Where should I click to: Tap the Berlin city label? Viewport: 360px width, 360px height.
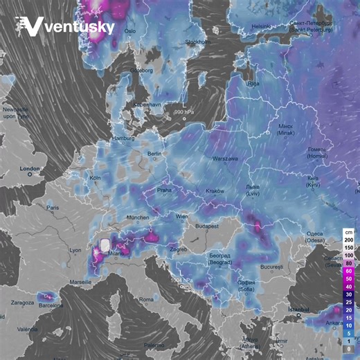(x=154, y=154)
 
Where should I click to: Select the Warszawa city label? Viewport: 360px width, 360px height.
(x=225, y=159)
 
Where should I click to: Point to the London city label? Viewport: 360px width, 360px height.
(x=30, y=169)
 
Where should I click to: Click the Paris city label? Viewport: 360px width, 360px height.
(x=52, y=208)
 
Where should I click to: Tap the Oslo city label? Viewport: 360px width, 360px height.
(x=129, y=31)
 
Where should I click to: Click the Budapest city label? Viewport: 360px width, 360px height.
(x=206, y=226)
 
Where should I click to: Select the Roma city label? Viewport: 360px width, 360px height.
(x=146, y=299)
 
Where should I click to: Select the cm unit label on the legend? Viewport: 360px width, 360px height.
(x=350, y=232)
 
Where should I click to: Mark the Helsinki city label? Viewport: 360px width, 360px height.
(x=262, y=26)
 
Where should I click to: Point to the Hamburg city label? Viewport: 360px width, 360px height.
(x=123, y=138)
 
